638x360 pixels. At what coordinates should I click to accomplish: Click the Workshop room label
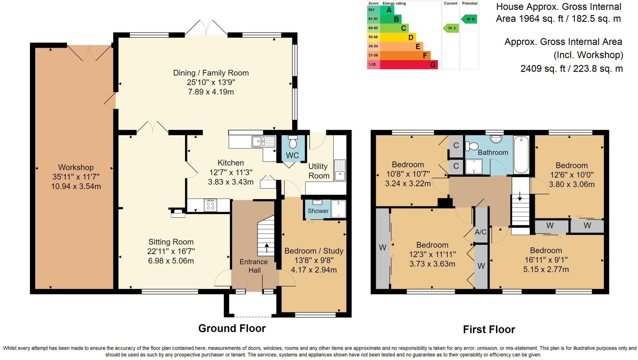pyautogui.click(x=76, y=167)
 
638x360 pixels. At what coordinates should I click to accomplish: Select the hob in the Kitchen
pyautogui.click(x=210, y=205)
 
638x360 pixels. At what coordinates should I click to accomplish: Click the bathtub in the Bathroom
pyautogui.click(x=521, y=155)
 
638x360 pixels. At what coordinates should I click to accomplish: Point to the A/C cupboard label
pyautogui.click(x=481, y=232)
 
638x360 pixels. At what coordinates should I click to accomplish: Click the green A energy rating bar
pyautogui.click(x=387, y=10)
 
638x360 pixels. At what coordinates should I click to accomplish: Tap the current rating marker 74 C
pyautogui.click(x=451, y=28)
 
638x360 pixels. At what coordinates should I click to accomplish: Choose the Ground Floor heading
pyautogui.click(x=232, y=328)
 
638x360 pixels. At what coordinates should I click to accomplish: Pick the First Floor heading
pyautogui.click(x=489, y=329)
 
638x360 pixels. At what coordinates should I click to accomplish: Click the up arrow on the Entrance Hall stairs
pyautogui.click(x=267, y=248)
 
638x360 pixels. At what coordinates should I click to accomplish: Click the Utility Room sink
pyautogui.click(x=340, y=170)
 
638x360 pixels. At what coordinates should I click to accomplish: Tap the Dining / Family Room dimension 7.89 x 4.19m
pyautogui.click(x=211, y=92)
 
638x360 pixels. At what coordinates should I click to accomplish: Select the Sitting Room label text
pyautogui.click(x=171, y=242)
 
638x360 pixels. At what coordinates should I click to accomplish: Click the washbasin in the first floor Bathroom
pyautogui.click(x=496, y=139)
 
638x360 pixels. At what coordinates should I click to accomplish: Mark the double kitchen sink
pyautogui.click(x=264, y=142)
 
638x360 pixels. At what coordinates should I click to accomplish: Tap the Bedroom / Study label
pyautogui.click(x=314, y=251)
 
